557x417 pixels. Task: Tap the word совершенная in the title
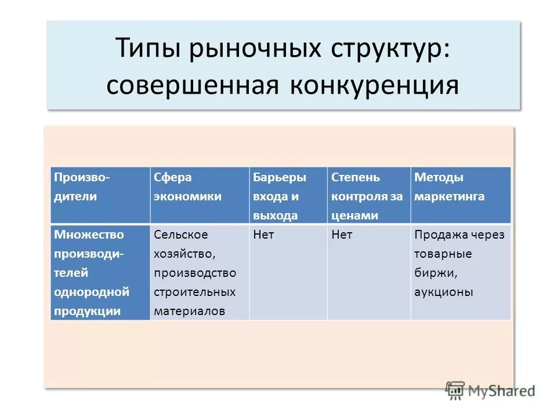pos(192,85)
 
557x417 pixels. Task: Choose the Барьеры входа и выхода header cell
pos(280,196)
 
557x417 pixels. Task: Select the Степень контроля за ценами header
pos(367,196)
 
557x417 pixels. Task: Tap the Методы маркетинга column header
pos(449,187)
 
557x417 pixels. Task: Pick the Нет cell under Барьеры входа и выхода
pos(264,235)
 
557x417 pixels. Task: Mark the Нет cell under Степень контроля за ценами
pos(342,235)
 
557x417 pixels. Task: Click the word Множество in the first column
pos(89,235)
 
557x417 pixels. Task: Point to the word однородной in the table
pos(92,292)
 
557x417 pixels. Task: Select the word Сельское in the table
pos(180,235)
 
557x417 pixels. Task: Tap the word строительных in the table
pos(194,292)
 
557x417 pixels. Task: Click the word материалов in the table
pos(189,311)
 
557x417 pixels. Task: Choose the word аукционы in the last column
pos(444,292)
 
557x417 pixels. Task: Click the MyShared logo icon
pos(455,389)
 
